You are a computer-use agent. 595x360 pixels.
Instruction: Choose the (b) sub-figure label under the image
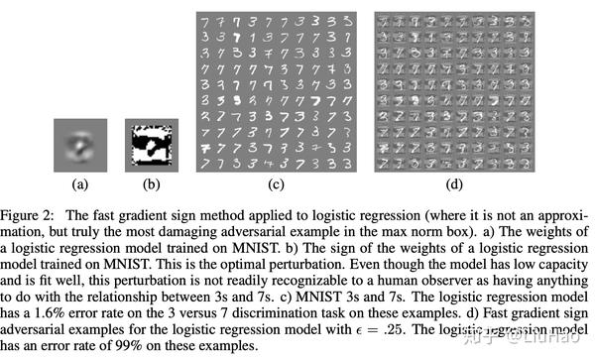(x=146, y=182)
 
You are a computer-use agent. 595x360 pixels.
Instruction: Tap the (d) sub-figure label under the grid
(x=455, y=182)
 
